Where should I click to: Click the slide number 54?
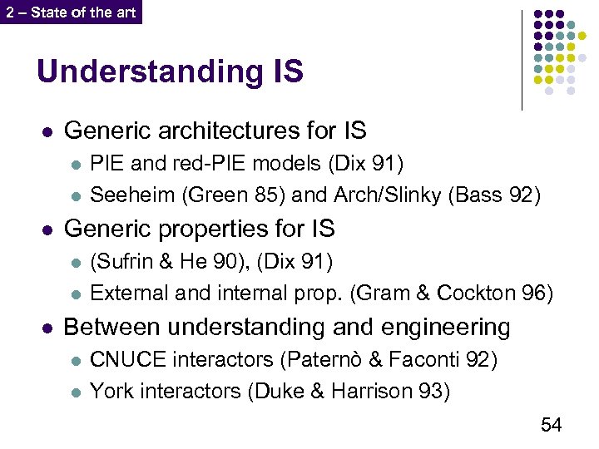point(551,425)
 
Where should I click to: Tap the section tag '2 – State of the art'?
point(71,12)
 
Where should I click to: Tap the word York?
point(111,390)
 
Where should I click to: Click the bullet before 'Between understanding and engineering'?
point(47,328)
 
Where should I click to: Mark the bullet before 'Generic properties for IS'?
point(47,229)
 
